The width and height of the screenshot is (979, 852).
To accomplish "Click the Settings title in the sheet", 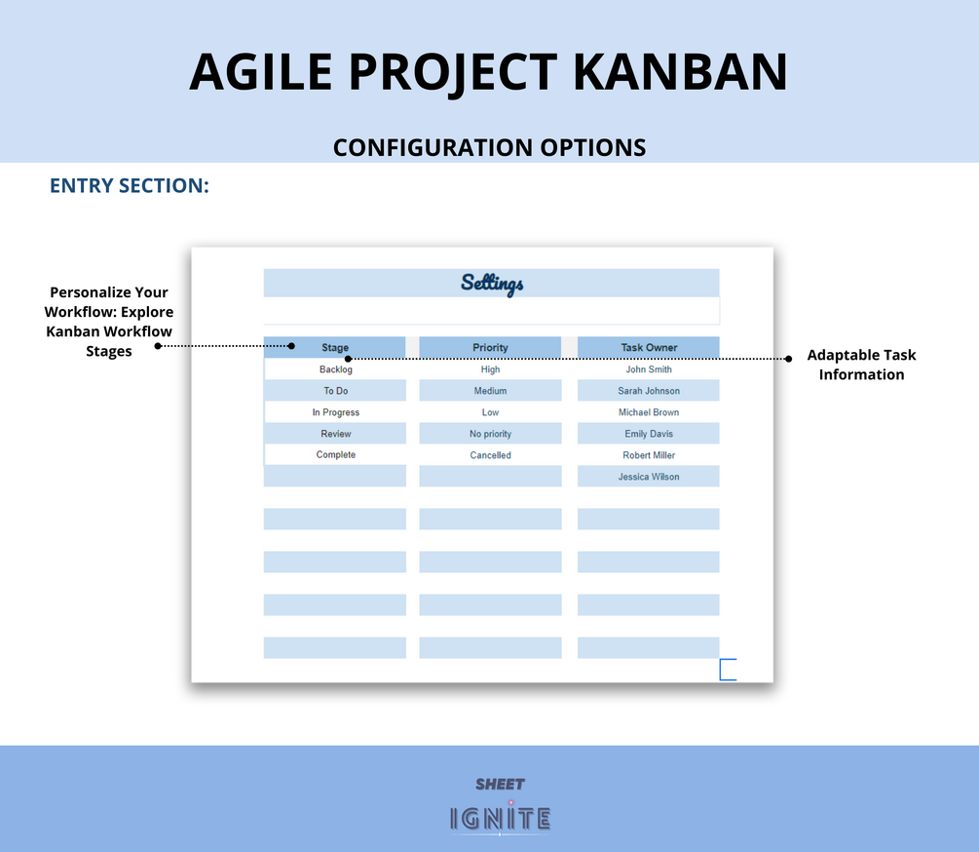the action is pyautogui.click(x=492, y=284).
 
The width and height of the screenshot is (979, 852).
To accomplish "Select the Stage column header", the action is pyautogui.click(x=335, y=347).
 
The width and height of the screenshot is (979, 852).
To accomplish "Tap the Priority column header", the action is pyautogui.click(x=490, y=347).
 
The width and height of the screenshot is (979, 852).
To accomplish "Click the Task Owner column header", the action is pyautogui.click(x=649, y=347).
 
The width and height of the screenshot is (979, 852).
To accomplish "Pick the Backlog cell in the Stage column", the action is pyautogui.click(x=335, y=369).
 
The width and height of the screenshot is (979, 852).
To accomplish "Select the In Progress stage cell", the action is pyautogui.click(x=335, y=412).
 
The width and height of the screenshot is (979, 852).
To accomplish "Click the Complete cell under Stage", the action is pyautogui.click(x=335, y=454).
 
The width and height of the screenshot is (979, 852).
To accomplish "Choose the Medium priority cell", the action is pyautogui.click(x=490, y=390).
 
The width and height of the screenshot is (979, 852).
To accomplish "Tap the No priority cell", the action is pyautogui.click(x=490, y=434).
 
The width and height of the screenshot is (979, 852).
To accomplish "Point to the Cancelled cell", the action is pyautogui.click(x=490, y=455).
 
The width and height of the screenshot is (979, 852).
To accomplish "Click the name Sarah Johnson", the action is pyautogui.click(x=649, y=390).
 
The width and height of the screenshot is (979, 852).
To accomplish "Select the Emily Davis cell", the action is pyautogui.click(x=649, y=434).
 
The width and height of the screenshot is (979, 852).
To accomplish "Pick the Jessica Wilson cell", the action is pyautogui.click(x=649, y=477).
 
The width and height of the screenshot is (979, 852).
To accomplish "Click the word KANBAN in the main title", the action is pyautogui.click(x=680, y=72).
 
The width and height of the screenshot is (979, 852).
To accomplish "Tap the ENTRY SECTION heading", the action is pyautogui.click(x=130, y=185).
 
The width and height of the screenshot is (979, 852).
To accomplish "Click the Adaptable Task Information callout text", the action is pyautogui.click(x=862, y=365).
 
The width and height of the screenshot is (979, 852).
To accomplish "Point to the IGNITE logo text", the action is pyautogui.click(x=500, y=819).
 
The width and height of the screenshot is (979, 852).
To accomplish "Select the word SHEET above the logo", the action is pyautogui.click(x=500, y=784).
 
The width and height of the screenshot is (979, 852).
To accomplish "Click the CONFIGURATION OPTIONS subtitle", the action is pyautogui.click(x=489, y=147).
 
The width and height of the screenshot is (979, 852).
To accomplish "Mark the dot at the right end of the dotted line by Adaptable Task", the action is pyautogui.click(x=789, y=359).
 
